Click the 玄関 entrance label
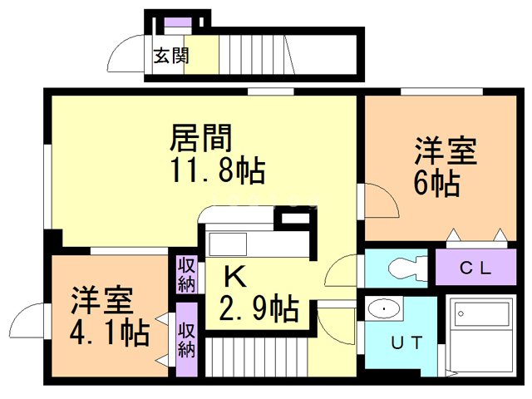pyautogui.click(x=170, y=57)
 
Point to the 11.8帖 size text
pyautogui.click(x=218, y=171)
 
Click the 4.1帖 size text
pyautogui.click(x=110, y=332)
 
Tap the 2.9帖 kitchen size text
pyautogui.click(x=259, y=310)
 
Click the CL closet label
pyautogui.click(x=475, y=268)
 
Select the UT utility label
pyautogui.click(x=407, y=342)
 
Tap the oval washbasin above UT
pyautogui.click(x=383, y=310)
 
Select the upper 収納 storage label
pyautogui.click(x=186, y=274)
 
